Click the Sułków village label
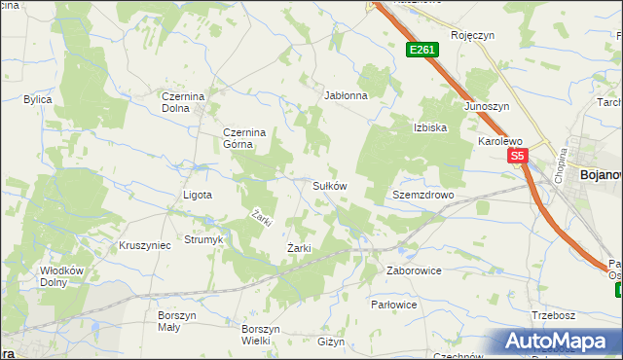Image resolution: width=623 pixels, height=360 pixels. [x=329, y=185]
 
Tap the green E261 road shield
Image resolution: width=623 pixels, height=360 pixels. [x=421, y=50]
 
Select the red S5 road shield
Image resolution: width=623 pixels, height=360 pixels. [x=516, y=156]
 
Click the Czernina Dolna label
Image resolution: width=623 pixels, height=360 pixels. [x=184, y=102]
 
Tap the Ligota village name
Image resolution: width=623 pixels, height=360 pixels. [x=198, y=195]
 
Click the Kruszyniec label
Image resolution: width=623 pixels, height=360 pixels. [x=144, y=245]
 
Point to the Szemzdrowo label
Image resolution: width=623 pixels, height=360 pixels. [x=423, y=195]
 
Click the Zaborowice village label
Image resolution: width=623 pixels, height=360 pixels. [x=414, y=270]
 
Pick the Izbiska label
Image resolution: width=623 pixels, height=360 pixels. [x=429, y=127]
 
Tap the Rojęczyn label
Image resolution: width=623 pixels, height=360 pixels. [x=473, y=35]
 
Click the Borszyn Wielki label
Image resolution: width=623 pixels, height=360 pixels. [x=262, y=335]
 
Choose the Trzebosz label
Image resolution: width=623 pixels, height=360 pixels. [x=555, y=314]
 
